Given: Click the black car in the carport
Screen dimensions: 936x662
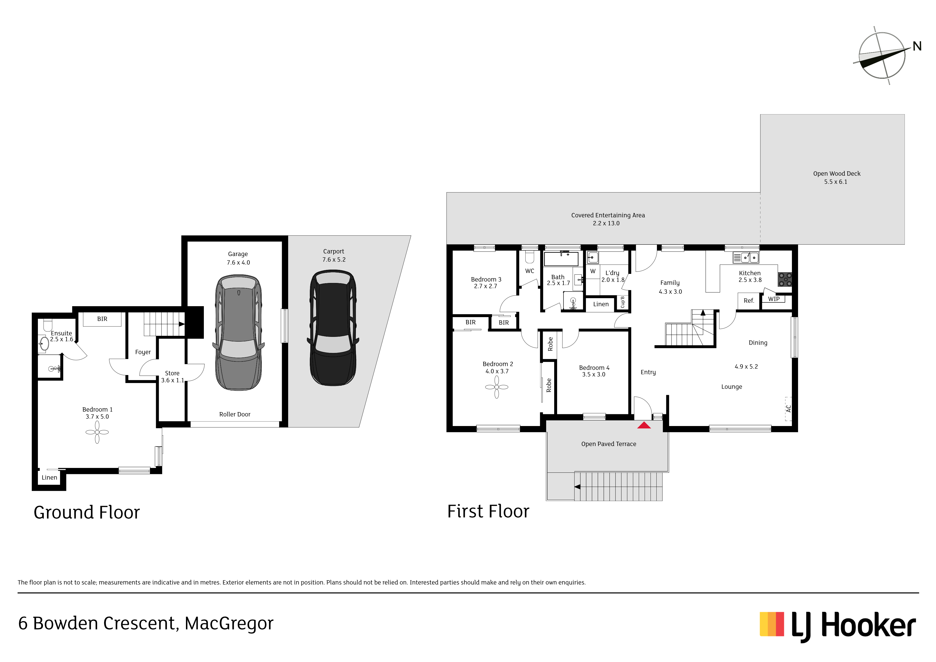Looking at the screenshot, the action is coord(333,328).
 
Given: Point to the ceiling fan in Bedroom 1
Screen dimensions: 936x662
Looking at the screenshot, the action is coord(97,432).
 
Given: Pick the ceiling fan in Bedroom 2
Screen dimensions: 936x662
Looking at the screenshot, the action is coord(497,387).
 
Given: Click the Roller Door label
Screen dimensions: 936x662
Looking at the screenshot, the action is coord(235,414).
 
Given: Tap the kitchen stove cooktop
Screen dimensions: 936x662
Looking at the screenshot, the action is coord(785,279).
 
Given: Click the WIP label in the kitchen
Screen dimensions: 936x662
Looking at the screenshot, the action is coord(774,299).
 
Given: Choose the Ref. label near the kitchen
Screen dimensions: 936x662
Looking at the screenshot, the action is coord(749,301).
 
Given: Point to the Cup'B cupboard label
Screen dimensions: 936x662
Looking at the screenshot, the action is coord(622,302).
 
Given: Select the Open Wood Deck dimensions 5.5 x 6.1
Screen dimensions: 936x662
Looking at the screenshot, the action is coord(836,182).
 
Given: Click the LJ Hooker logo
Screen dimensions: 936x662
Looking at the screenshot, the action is coord(838,627).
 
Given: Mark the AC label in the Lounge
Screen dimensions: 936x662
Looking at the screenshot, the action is coord(788,408).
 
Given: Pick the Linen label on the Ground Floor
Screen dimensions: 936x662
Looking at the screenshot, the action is coord(49,478).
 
